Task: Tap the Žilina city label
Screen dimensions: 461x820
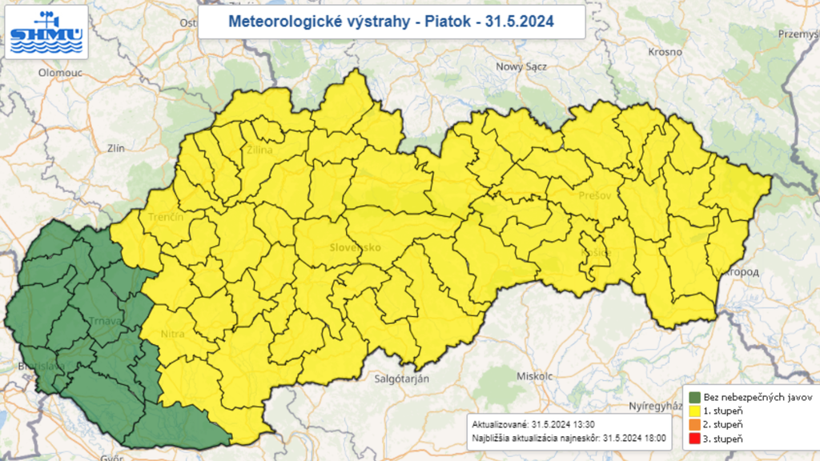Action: [x=259, y=150]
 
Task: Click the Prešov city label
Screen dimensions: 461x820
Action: [x=595, y=195]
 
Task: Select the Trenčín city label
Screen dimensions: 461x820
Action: [x=166, y=218]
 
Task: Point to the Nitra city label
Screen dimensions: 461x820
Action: [x=172, y=334]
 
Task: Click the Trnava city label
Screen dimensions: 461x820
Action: [x=106, y=322]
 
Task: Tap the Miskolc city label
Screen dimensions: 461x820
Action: [x=535, y=375]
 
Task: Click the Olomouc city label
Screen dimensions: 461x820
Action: [x=61, y=72]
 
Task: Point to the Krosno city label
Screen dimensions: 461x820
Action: [x=666, y=51]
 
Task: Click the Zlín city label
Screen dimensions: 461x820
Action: [x=118, y=148]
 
